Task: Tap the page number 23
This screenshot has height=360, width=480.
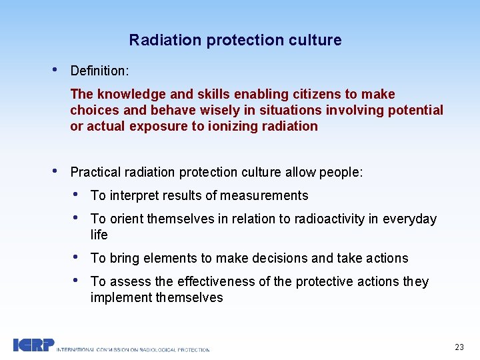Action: (x=459, y=347)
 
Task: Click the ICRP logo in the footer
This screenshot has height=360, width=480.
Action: (x=33, y=345)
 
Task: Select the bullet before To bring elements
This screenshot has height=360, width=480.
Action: (x=77, y=257)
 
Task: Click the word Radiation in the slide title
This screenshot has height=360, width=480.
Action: (x=165, y=40)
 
